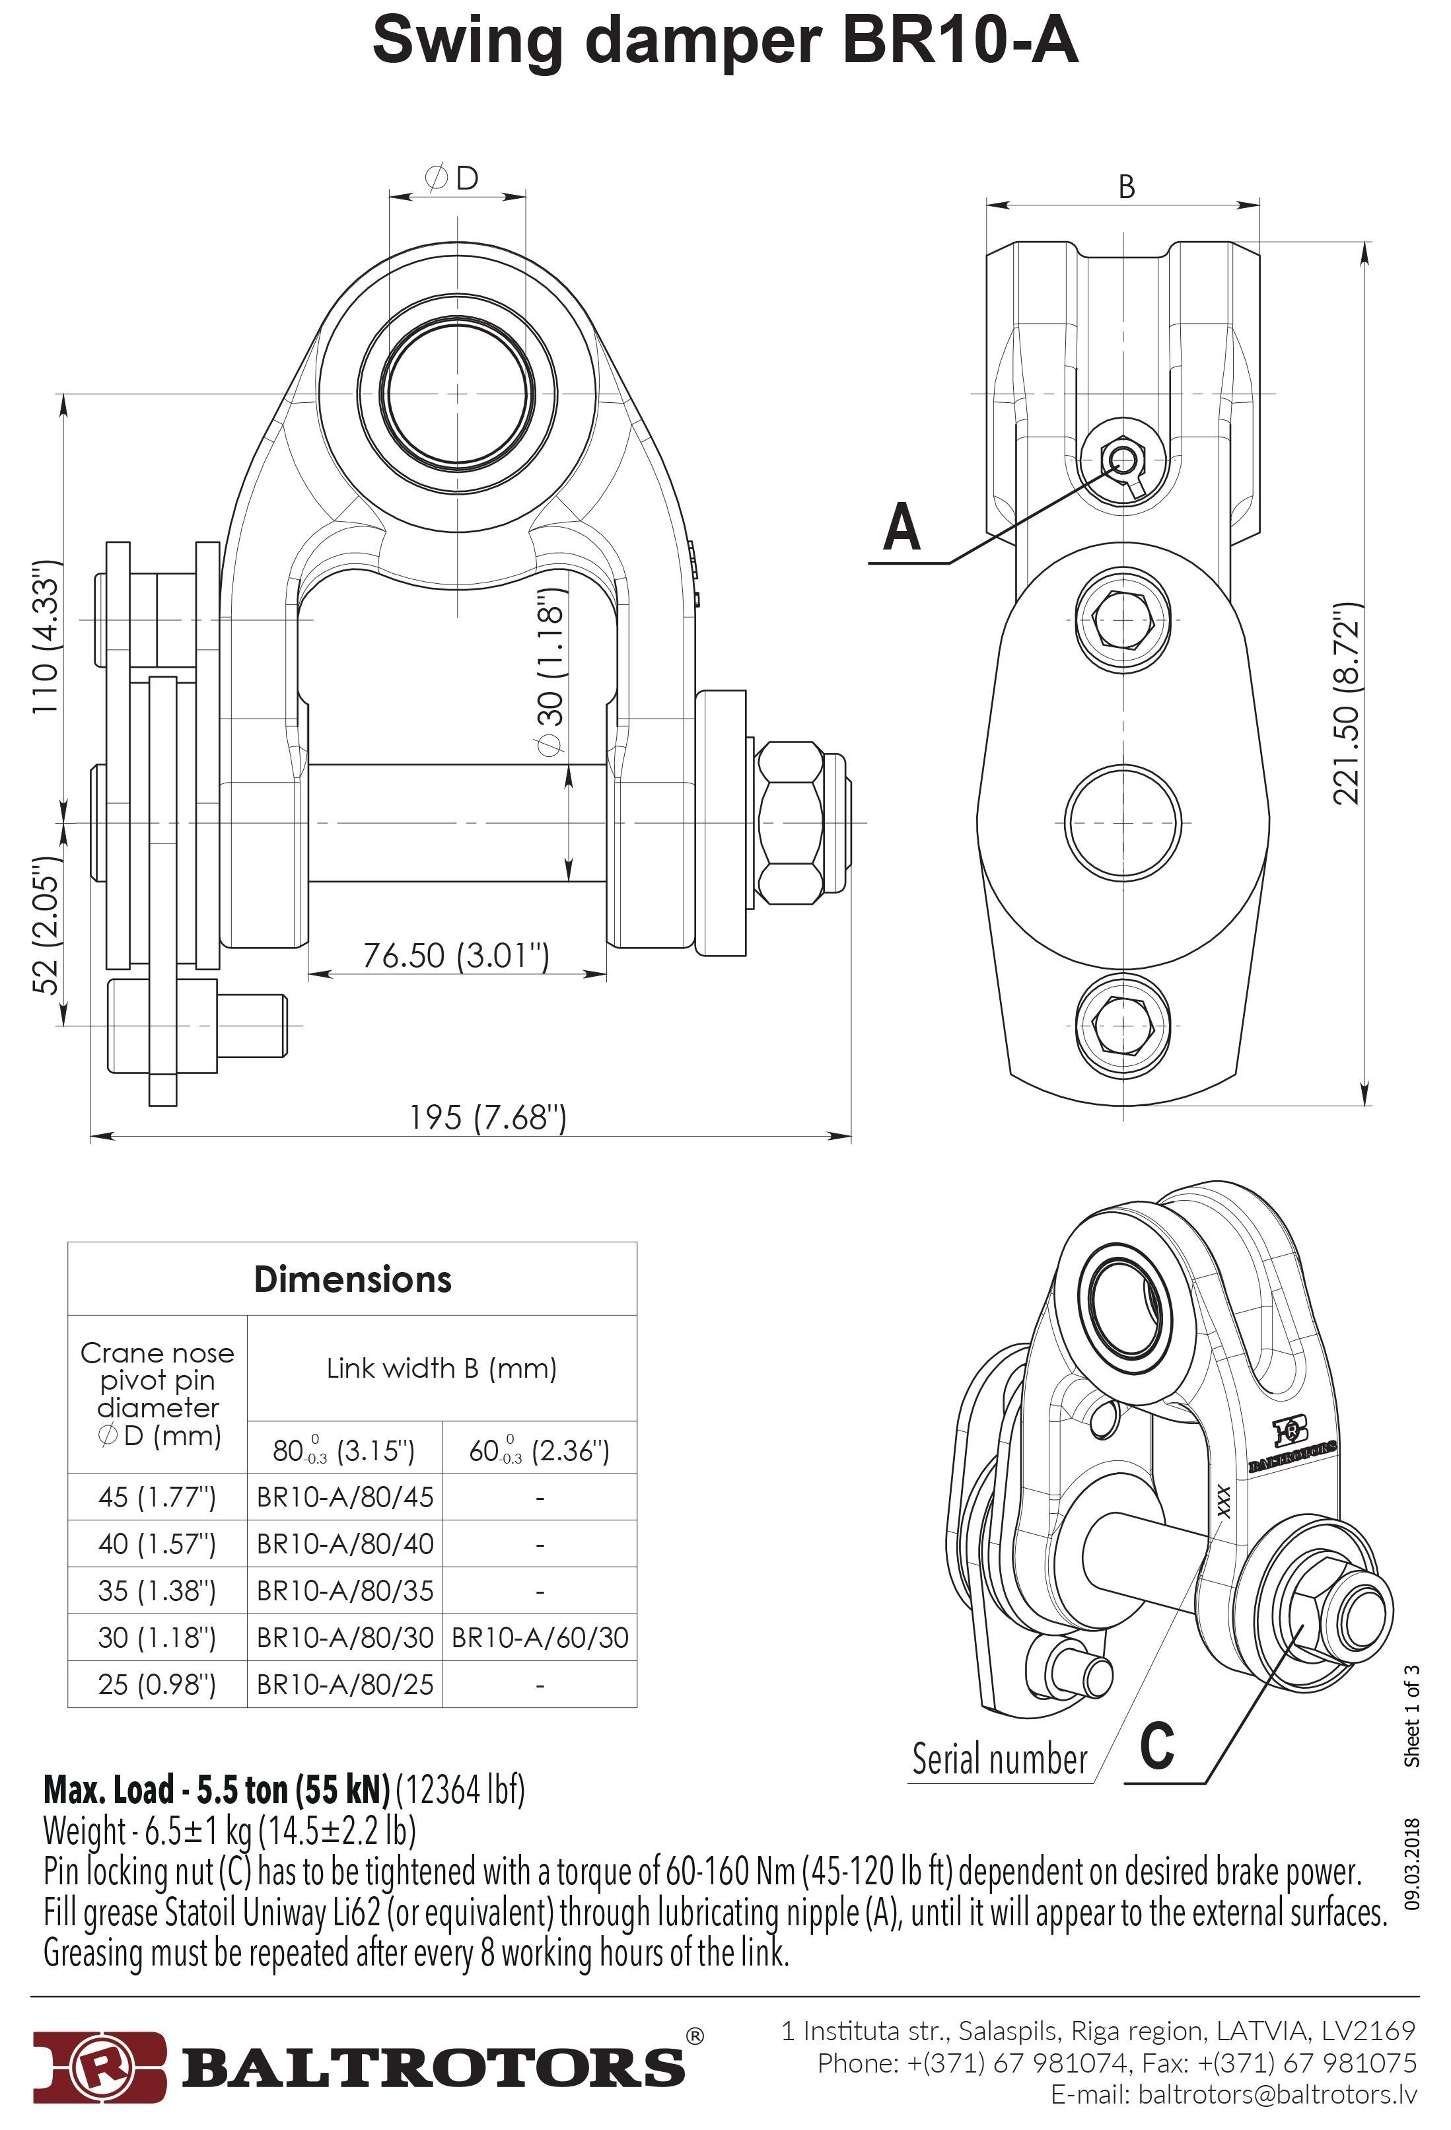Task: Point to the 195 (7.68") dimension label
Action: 487,1118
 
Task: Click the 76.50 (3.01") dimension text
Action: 456,955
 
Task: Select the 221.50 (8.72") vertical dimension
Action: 1345,704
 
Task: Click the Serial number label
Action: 999,1759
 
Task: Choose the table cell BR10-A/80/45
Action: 345,1497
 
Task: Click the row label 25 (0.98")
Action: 157,1684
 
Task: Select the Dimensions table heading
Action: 352,1279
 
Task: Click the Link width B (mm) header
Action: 442,1368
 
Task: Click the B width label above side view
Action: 1127,187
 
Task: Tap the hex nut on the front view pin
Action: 791,822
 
